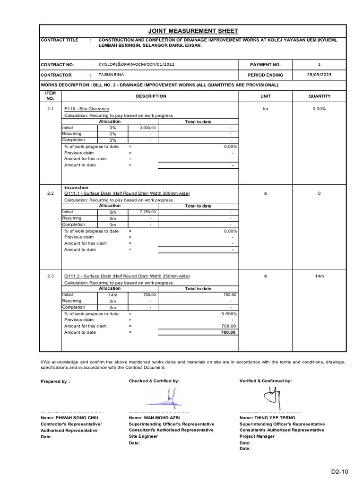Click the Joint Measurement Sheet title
(193, 31)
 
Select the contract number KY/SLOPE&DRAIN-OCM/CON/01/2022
(133, 64)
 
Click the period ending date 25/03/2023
(319, 75)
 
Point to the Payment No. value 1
(319, 64)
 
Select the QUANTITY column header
(319, 96)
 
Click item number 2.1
(51, 109)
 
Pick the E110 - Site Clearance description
(86, 109)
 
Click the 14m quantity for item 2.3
(319, 276)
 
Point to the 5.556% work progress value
(229, 314)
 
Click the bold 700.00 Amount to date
(228, 332)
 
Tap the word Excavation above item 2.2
(76, 188)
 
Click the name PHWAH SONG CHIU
(70, 418)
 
